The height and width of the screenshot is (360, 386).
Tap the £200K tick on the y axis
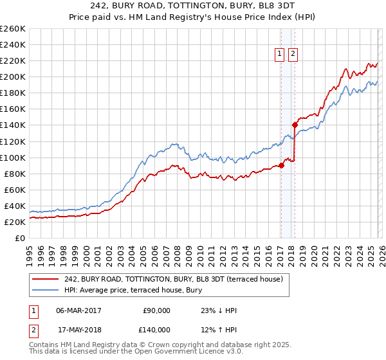12,76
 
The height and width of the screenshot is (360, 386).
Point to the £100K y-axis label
12,157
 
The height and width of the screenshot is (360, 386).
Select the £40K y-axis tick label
14,206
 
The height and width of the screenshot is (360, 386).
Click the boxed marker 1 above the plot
280,55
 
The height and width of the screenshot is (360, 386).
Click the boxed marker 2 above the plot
293,55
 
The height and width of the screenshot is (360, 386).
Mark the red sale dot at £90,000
281,165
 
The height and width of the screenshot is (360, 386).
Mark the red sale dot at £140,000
295,125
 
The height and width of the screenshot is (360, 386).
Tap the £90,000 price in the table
156,310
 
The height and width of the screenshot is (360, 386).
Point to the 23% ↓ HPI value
219,310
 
